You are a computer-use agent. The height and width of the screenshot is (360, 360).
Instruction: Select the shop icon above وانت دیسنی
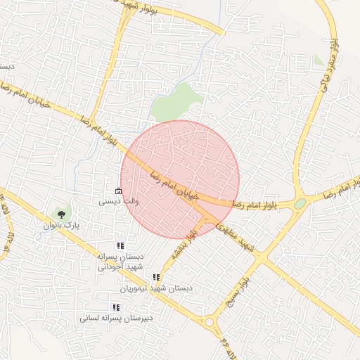(x=118, y=191)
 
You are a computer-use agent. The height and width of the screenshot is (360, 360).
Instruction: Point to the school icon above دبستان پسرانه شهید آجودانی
(x=121, y=245)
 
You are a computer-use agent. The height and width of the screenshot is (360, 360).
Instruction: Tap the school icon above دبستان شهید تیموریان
(x=156, y=277)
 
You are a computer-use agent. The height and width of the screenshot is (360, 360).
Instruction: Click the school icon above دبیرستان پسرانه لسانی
(x=116, y=307)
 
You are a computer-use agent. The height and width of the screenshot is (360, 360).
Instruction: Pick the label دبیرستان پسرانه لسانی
(x=116, y=318)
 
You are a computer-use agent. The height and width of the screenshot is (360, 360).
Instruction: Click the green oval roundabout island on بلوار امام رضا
(x=300, y=203)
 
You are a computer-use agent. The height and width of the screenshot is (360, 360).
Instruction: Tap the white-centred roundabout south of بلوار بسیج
(x=210, y=323)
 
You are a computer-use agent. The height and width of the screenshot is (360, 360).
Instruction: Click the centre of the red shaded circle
(x=180, y=179)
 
